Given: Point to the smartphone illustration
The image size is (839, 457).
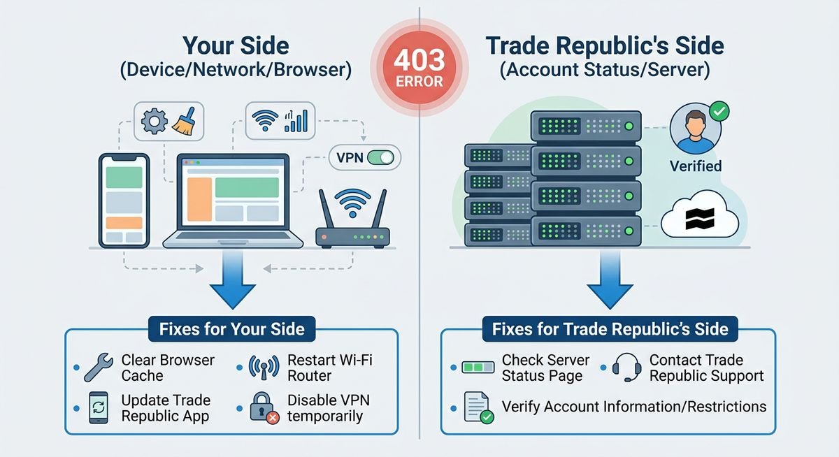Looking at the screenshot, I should point(124,201).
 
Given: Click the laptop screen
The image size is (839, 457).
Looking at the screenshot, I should point(234,192).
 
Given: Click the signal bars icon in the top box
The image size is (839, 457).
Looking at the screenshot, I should point(296,121).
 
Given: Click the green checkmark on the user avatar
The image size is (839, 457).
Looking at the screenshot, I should point(718,110).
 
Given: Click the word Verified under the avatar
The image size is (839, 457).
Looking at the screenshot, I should point(695,167).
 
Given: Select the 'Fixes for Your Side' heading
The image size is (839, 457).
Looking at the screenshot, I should point(231,328).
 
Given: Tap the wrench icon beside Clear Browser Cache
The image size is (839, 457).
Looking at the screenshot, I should point(96,367).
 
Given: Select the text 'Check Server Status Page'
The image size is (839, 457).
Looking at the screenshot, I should point(545,368).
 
